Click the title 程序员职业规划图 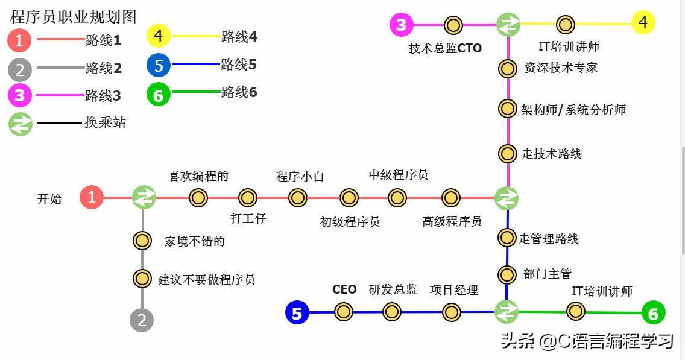coord(73,16)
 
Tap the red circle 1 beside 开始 coord(92,197)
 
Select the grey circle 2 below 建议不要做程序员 coord(142,320)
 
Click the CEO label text coord(344,289)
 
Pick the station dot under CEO coord(344,312)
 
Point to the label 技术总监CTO coord(445,48)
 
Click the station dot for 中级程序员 coord(397,197)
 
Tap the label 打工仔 coord(248,218)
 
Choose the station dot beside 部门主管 coord(507,274)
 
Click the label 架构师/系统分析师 coord(573,110)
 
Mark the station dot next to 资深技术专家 coord(507,68)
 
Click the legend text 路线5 coord(238,65)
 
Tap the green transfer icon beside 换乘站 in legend coord(20,124)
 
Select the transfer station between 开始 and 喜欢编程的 coord(144,197)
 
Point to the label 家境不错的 coord(194,241)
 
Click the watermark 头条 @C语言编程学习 coord(586,342)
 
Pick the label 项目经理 coord(453,290)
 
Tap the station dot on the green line coord(576,312)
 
